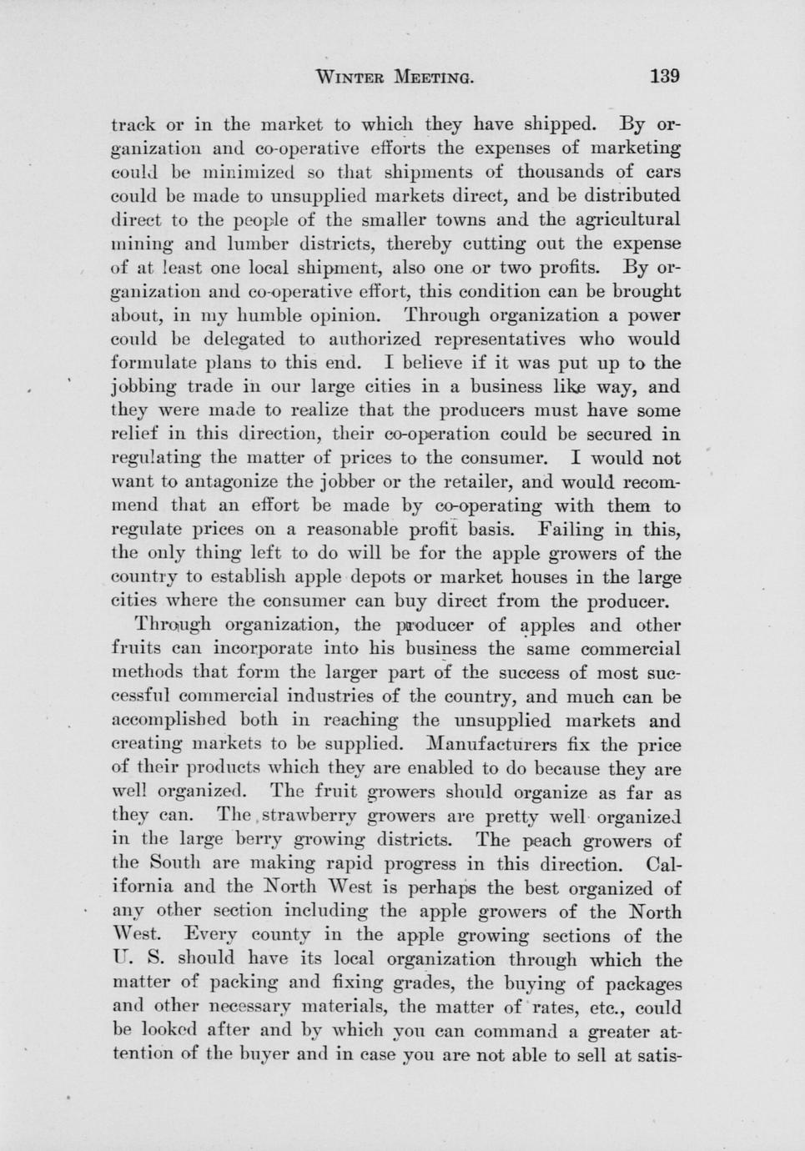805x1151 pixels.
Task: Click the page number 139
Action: [665, 77]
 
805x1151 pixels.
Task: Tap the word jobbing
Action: [144, 388]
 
